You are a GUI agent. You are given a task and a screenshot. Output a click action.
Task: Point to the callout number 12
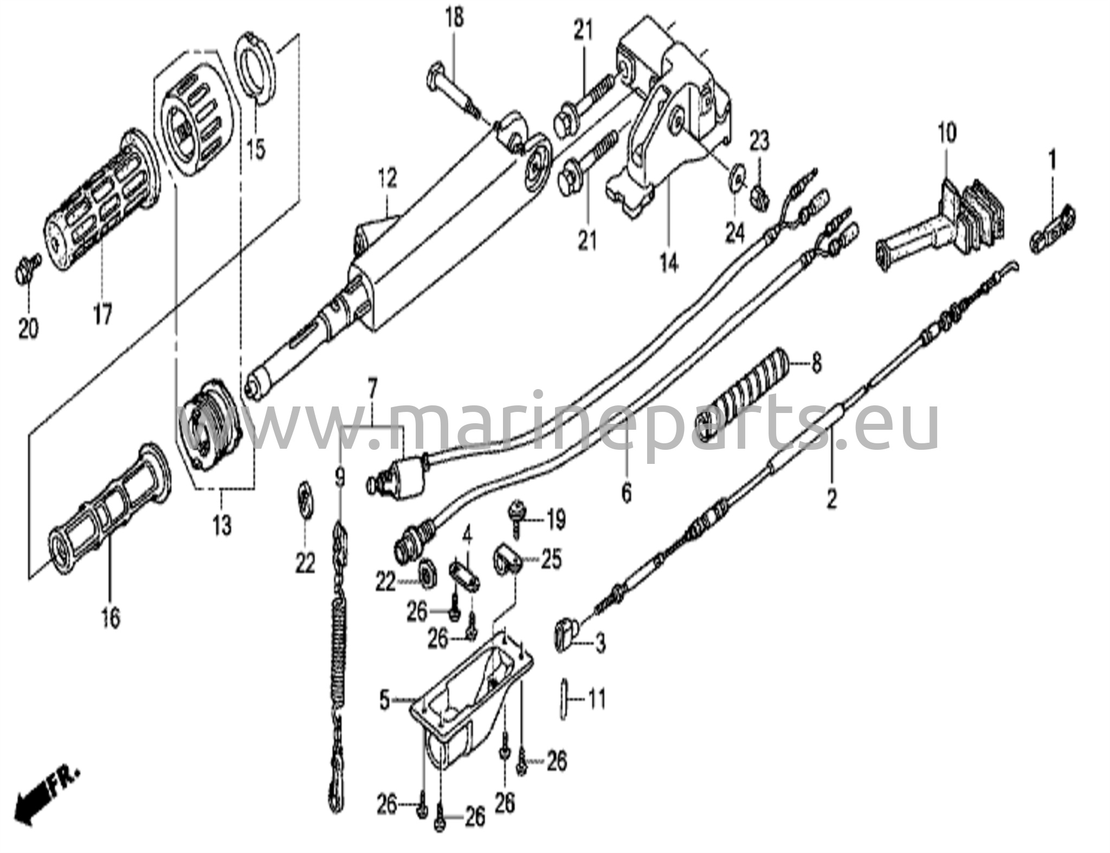click(x=388, y=178)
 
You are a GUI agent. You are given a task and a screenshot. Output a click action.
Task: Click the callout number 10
click(x=948, y=133)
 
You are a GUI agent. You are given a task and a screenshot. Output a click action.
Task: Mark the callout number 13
click(x=222, y=525)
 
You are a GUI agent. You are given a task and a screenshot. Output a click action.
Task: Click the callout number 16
click(x=110, y=618)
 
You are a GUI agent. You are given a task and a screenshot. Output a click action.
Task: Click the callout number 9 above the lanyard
click(x=340, y=477)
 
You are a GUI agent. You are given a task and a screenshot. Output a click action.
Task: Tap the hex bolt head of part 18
click(x=437, y=73)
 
